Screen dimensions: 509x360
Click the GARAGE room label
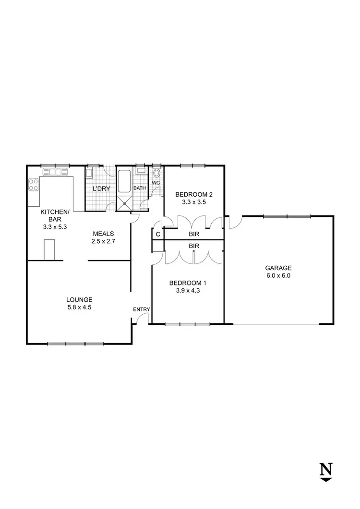[x=278, y=268]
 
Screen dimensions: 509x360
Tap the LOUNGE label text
[x=79, y=300]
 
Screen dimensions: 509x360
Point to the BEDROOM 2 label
[x=193, y=194]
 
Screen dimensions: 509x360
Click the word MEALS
[x=103, y=234]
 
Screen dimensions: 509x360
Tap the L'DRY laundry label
[x=102, y=189]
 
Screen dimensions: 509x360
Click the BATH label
[x=140, y=188]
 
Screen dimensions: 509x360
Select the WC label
[x=156, y=183]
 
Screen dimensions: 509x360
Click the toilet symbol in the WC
[x=157, y=174]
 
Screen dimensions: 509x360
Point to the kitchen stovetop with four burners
[x=33, y=185]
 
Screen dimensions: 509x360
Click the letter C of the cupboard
[x=157, y=234]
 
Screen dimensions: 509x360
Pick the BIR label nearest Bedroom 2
[x=194, y=234]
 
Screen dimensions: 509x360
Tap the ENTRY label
[x=142, y=309]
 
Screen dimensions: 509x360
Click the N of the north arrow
[x=326, y=468]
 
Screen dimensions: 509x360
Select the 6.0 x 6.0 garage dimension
[x=278, y=276]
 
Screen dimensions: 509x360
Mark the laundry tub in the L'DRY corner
[x=90, y=173]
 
